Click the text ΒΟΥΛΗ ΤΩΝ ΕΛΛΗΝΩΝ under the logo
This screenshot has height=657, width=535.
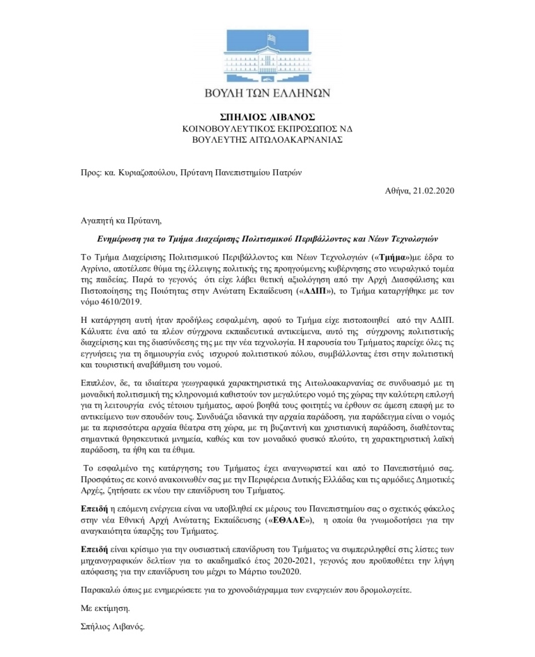[267, 93]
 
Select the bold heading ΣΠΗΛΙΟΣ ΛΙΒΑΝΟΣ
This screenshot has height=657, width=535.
[267, 116]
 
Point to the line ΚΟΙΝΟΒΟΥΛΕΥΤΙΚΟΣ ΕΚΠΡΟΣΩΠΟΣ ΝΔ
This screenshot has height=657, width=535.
[267, 129]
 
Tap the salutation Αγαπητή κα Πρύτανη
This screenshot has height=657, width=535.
[120, 222]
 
